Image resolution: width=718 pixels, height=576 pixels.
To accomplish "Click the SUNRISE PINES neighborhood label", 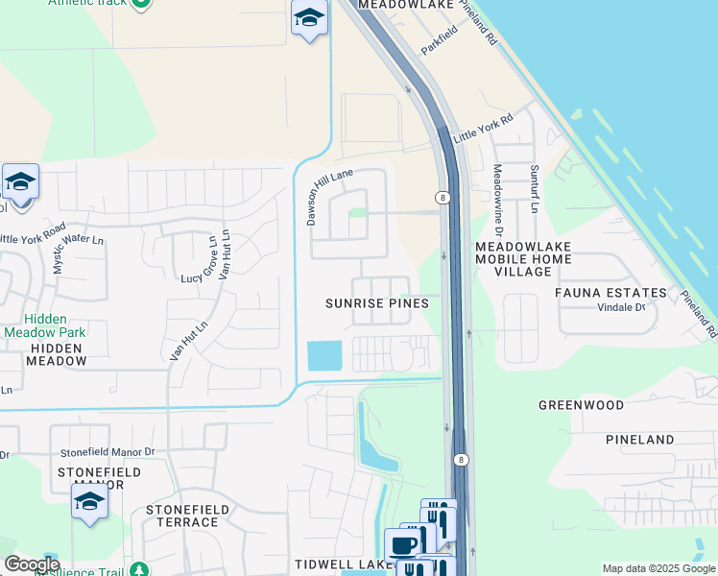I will coord(376,302).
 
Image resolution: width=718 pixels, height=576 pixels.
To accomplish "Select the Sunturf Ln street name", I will coord(534,188).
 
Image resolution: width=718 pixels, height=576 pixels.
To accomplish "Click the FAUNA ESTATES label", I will coord(610,293).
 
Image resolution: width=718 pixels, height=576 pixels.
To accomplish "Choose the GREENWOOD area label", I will coord(581,405).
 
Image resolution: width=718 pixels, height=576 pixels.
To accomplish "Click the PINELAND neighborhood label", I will coord(640,440).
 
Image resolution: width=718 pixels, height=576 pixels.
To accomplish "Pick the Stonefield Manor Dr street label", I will coord(108,451).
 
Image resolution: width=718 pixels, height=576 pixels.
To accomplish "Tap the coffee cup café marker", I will coord(402,544).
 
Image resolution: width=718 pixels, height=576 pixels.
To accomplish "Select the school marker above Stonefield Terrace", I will coord(89,501).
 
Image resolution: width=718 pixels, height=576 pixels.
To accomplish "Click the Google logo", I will coord(32,564).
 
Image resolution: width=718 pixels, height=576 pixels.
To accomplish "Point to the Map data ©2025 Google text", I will coord(658,568).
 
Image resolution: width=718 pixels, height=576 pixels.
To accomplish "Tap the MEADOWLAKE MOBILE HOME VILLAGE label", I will coord(524,259).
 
